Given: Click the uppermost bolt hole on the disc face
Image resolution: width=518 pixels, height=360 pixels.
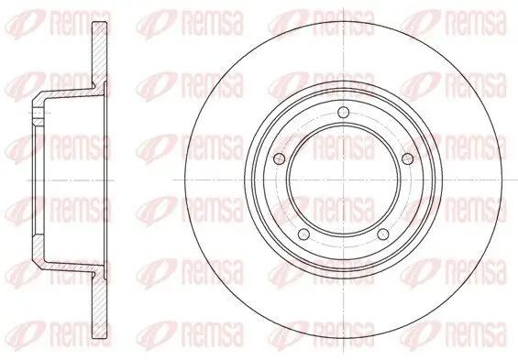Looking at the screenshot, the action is pos(344,113).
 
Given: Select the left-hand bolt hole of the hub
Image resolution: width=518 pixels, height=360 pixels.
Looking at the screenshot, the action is pos(280,158).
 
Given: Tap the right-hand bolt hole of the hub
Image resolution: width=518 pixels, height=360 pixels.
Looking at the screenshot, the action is pos(408,158).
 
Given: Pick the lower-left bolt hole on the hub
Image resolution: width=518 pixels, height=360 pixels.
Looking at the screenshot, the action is pos(303,235).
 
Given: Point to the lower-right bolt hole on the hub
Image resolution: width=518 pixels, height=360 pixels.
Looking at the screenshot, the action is pos(383,235).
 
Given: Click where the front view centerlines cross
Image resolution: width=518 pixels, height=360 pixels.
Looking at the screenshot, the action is pos(344,180).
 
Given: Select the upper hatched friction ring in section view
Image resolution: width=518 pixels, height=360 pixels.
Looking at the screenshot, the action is pos(99,55).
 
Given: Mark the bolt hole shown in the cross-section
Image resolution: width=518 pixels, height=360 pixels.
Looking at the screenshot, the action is pos(38,113).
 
